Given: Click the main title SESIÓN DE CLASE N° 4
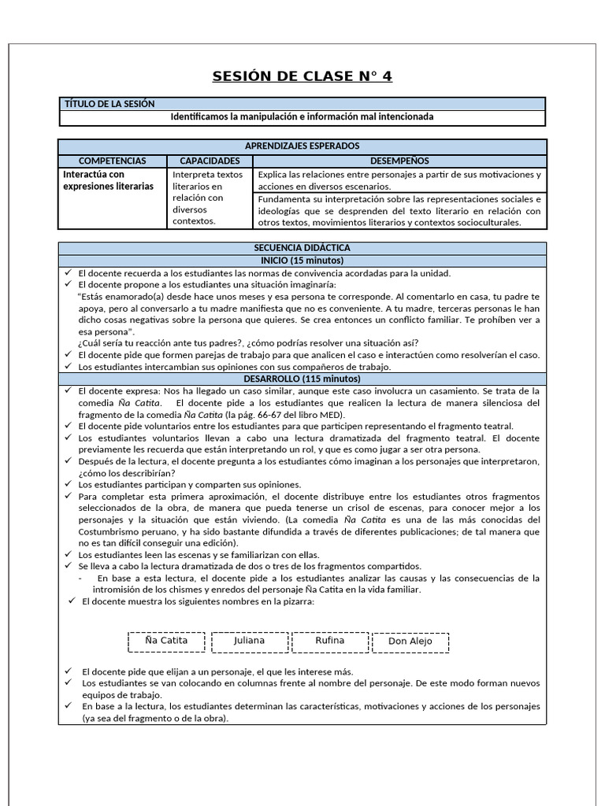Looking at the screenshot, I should click(x=302, y=76).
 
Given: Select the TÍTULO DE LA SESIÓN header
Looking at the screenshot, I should click(x=109, y=104).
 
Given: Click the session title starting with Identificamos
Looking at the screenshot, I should click(x=302, y=117).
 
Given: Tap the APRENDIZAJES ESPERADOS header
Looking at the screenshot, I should click(x=302, y=146).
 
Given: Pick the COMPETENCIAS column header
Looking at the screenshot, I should click(x=113, y=161).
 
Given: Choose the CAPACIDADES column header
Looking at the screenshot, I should click(x=210, y=161).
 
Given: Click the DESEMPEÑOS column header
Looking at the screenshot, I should click(x=399, y=161).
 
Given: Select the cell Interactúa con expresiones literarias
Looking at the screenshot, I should click(x=108, y=180).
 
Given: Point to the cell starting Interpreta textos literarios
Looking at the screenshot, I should click(x=208, y=198).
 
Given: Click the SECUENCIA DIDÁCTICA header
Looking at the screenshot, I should click(x=302, y=248).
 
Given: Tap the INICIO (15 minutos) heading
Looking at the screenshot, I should click(x=302, y=261).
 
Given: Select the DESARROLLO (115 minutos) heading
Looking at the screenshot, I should click(x=302, y=379).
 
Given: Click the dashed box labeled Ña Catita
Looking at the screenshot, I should click(x=166, y=641).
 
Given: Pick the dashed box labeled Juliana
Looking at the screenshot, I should click(x=249, y=641).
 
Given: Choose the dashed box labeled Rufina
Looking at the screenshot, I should click(x=330, y=641).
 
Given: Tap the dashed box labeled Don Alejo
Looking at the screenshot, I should click(x=410, y=642).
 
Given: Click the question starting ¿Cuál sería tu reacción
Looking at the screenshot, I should click(x=248, y=343).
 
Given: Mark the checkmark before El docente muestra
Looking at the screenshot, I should click(x=70, y=601).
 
